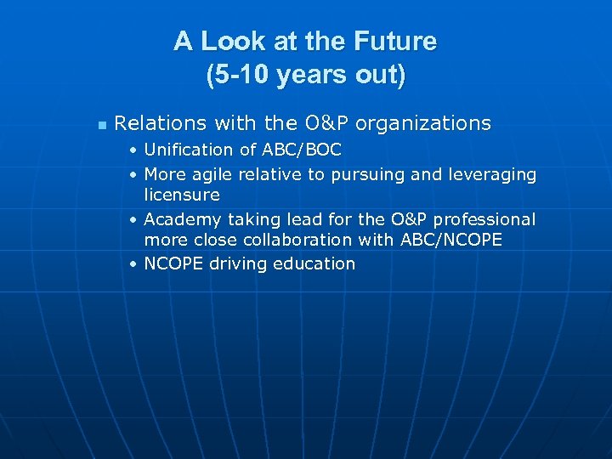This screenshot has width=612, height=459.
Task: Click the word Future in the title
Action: (x=396, y=42)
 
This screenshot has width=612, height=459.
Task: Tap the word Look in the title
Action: (x=224, y=42)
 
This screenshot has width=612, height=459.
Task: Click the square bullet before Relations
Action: (x=101, y=125)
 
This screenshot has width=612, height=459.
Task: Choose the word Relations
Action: (x=161, y=123)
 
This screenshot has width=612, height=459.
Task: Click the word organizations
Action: (x=423, y=123)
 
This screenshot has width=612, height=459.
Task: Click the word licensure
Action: (x=182, y=195)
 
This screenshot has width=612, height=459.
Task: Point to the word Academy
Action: (x=181, y=220)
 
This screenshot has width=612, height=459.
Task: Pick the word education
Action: (x=314, y=263)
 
